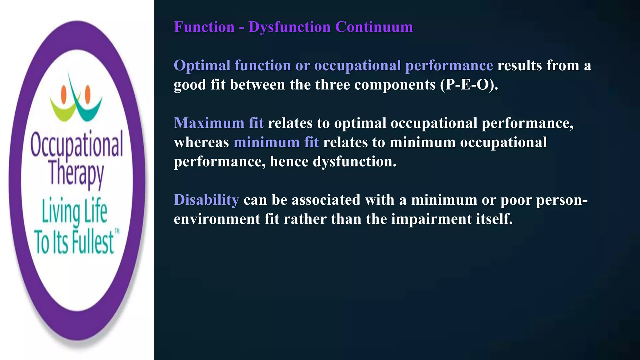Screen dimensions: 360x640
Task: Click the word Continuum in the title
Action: (374, 27)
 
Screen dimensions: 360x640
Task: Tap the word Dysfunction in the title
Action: (289, 27)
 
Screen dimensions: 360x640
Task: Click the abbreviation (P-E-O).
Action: (469, 85)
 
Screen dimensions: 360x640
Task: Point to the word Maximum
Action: (209, 123)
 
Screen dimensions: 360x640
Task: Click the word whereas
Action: (201, 142)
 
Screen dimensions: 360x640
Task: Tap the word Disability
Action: (206, 200)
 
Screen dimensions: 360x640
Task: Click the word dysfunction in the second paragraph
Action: (354, 162)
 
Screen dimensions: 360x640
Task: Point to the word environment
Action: (217, 219)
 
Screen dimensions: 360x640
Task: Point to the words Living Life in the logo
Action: (75, 211)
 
